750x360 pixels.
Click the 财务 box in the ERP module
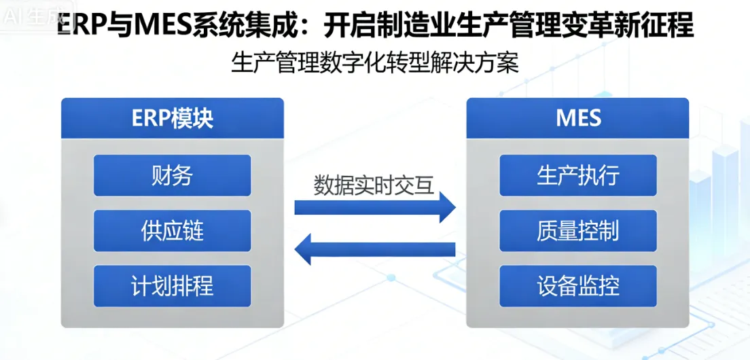coord(172,175)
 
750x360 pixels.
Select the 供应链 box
coord(172,231)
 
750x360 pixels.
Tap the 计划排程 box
coord(172,286)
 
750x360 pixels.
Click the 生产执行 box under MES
coord(578,175)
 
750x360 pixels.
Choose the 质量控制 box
coord(578,231)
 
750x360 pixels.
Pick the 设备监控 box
coord(578,286)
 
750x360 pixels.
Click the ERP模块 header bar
coord(172,118)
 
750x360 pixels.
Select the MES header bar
coord(578,118)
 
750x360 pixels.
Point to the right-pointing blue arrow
coord(374,206)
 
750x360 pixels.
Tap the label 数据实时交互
coord(374,185)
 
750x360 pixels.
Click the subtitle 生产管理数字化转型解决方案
coord(375,63)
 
